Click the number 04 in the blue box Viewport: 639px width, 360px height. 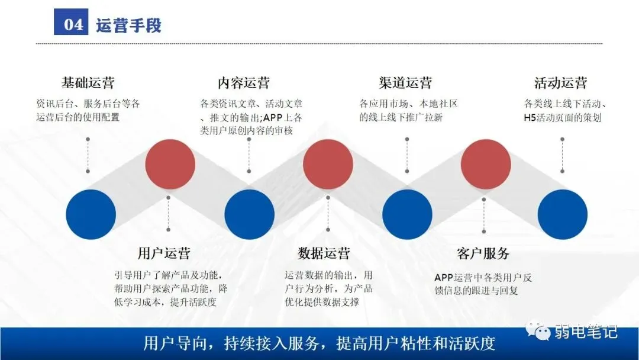74,25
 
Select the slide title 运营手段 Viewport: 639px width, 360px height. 128,25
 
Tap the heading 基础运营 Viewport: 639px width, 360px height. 88,82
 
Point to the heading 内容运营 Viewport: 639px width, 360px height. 244,82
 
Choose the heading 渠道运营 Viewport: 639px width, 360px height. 405,82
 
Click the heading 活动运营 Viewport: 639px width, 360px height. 560,82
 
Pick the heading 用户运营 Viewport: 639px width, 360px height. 164,253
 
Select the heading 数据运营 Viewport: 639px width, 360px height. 324,253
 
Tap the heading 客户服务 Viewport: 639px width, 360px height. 483,253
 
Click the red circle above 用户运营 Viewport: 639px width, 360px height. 170,164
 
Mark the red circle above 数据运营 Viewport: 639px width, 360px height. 328,164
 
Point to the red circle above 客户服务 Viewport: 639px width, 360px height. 486,164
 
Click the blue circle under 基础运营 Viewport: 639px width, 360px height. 91,214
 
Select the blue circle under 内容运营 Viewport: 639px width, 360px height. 249,214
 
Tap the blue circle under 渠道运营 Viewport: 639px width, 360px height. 407,214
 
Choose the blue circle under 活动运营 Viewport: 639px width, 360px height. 562,214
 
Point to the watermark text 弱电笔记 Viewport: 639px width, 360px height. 586,331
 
